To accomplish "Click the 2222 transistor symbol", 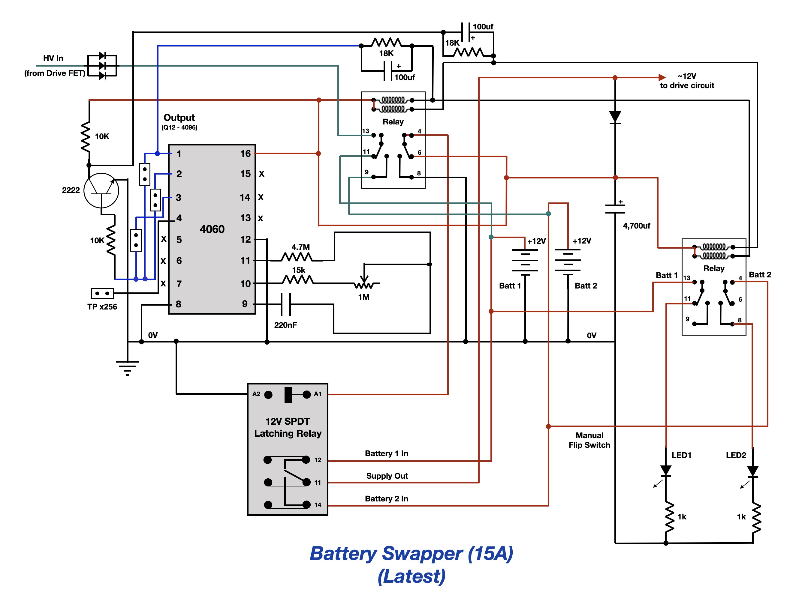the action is pyautogui.click(x=101, y=190).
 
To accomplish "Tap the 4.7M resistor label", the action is pyautogui.click(x=301, y=247).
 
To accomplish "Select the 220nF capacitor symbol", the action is pyautogui.click(x=286, y=304).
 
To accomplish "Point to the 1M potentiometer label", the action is pyautogui.click(x=364, y=297).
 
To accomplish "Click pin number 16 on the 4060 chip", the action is pyautogui.click(x=246, y=154).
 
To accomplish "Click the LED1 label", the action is pyautogui.click(x=681, y=455).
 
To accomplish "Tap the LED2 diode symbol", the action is pyautogui.click(x=752, y=471).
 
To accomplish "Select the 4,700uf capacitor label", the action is pyautogui.click(x=636, y=226).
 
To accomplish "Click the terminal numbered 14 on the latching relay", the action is pyautogui.click(x=306, y=505).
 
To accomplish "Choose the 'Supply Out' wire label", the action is pyautogui.click(x=387, y=476).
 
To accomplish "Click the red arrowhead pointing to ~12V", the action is pyautogui.click(x=662, y=77).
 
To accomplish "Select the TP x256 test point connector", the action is pyautogui.click(x=102, y=293).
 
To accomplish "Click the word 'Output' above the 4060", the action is pyautogui.click(x=179, y=118).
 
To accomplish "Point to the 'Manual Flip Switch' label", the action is pyautogui.click(x=589, y=440).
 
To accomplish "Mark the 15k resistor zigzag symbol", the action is pyautogui.click(x=298, y=280).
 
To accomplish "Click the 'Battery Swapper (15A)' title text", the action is pyautogui.click(x=411, y=553).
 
